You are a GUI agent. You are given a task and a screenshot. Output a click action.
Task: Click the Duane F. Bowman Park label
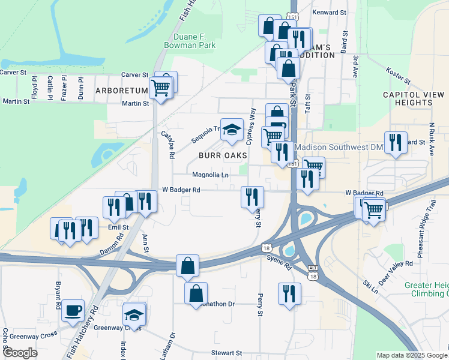click(190, 40)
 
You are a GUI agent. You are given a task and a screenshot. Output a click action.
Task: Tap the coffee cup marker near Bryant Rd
click(73, 310)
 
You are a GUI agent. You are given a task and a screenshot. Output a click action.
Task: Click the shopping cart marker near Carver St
click(160, 88)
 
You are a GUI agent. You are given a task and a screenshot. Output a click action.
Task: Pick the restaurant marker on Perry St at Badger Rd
click(252, 197)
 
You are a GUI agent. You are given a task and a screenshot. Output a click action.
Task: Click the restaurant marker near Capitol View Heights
click(396, 143)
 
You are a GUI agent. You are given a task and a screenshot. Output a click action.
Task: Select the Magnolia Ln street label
click(211, 175)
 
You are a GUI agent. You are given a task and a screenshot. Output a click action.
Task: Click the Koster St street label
click(398, 76)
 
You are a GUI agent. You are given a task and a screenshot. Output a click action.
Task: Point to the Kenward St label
click(330, 12)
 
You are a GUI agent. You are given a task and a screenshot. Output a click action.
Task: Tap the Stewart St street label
click(227, 353)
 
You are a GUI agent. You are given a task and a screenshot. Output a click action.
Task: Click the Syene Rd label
click(279, 262)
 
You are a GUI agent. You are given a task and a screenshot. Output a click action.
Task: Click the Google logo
click(20, 353)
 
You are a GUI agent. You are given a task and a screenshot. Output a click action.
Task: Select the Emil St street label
click(118, 227)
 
